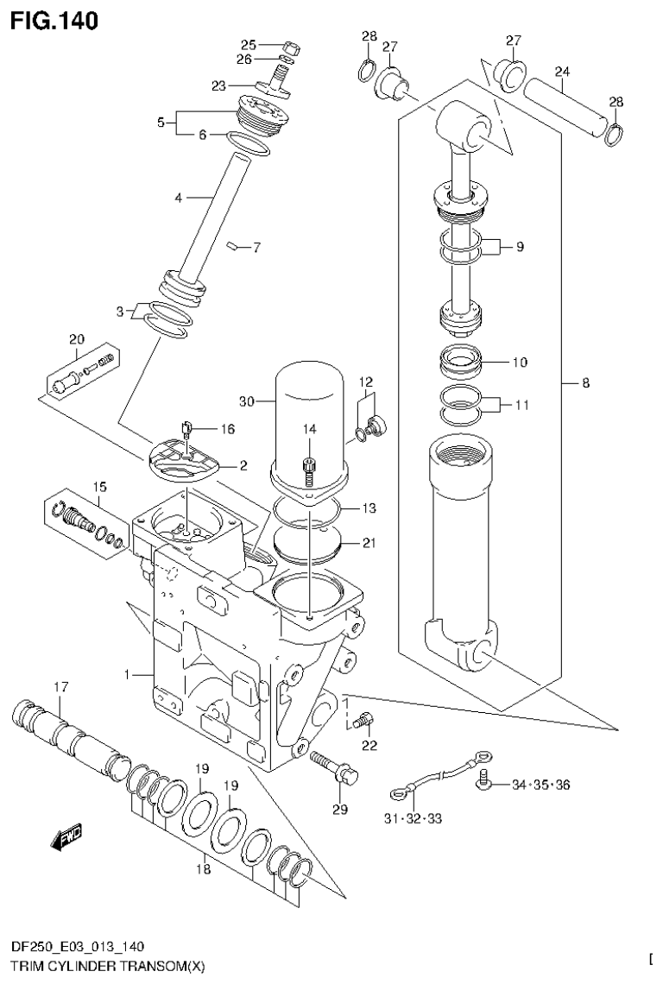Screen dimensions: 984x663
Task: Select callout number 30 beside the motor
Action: click(x=247, y=401)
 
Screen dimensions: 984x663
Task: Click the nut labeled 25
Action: click(x=290, y=47)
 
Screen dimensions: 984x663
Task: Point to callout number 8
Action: click(x=585, y=382)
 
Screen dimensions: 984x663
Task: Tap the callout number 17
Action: click(x=60, y=687)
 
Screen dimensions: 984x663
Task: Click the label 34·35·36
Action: click(x=540, y=785)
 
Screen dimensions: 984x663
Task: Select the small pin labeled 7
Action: click(x=232, y=248)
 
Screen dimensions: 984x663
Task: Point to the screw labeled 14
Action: click(x=309, y=467)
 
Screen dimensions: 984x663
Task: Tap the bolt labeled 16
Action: click(x=187, y=426)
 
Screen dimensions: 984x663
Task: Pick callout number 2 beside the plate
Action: click(x=243, y=465)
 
